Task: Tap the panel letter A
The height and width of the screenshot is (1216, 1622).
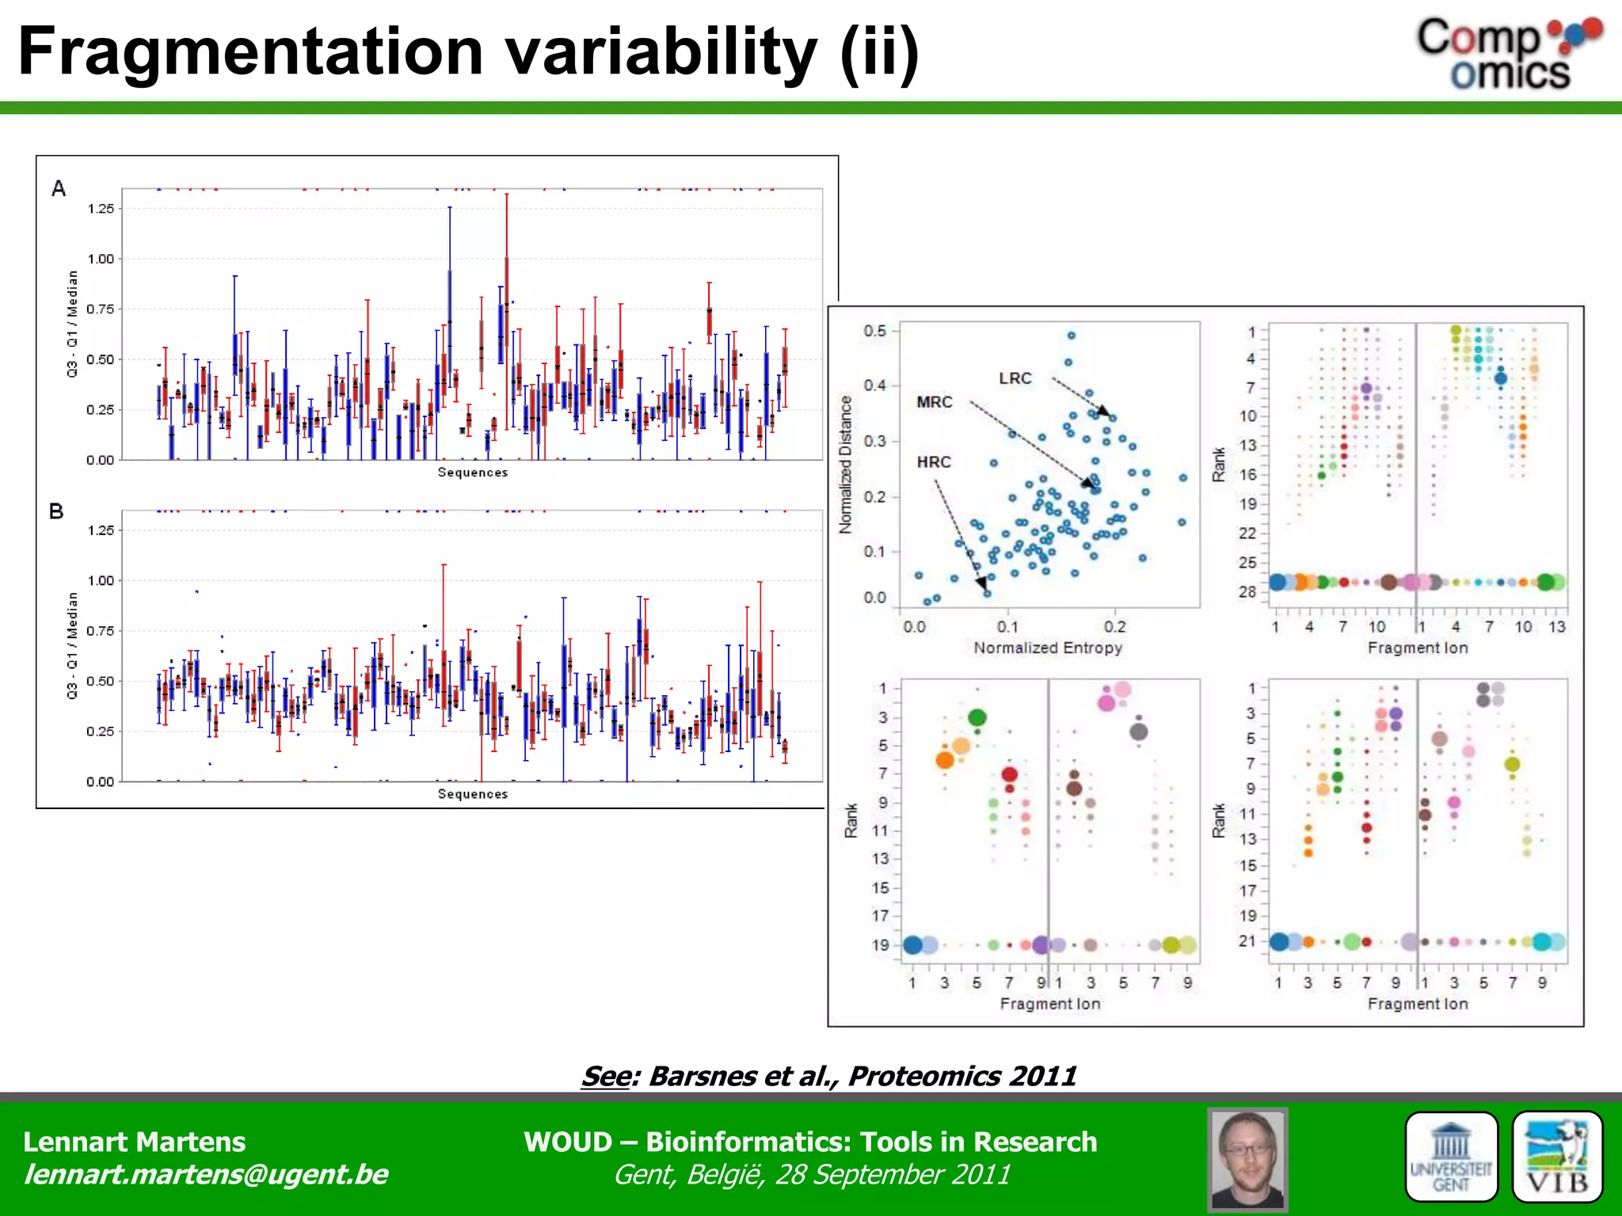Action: [59, 188]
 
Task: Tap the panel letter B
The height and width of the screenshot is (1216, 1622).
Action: [56, 511]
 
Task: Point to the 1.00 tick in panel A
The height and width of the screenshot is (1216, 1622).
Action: [101, 259]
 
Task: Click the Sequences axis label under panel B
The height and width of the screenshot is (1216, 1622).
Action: [473, 794]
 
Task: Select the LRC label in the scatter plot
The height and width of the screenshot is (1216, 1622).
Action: [1015, 378]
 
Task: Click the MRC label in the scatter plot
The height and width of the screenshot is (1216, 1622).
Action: [935, 402]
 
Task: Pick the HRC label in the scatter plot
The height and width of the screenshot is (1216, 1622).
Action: [934, 462]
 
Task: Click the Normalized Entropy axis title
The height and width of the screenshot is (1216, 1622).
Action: [1048, 648]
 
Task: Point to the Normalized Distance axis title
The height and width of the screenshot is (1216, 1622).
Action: [846, 465]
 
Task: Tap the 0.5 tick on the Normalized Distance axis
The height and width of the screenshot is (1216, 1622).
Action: [875, 331]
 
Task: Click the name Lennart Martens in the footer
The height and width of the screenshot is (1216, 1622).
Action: [135, 1142]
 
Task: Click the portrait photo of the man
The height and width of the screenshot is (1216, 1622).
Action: [1247, 1159]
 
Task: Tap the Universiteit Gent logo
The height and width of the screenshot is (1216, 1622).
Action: [1451, 1157]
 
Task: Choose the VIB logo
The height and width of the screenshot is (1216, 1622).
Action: [1557, 1157]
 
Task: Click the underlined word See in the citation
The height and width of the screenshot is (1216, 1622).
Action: [606, 1076]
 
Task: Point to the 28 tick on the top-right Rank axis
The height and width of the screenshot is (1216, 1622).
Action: [1247, 592]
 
